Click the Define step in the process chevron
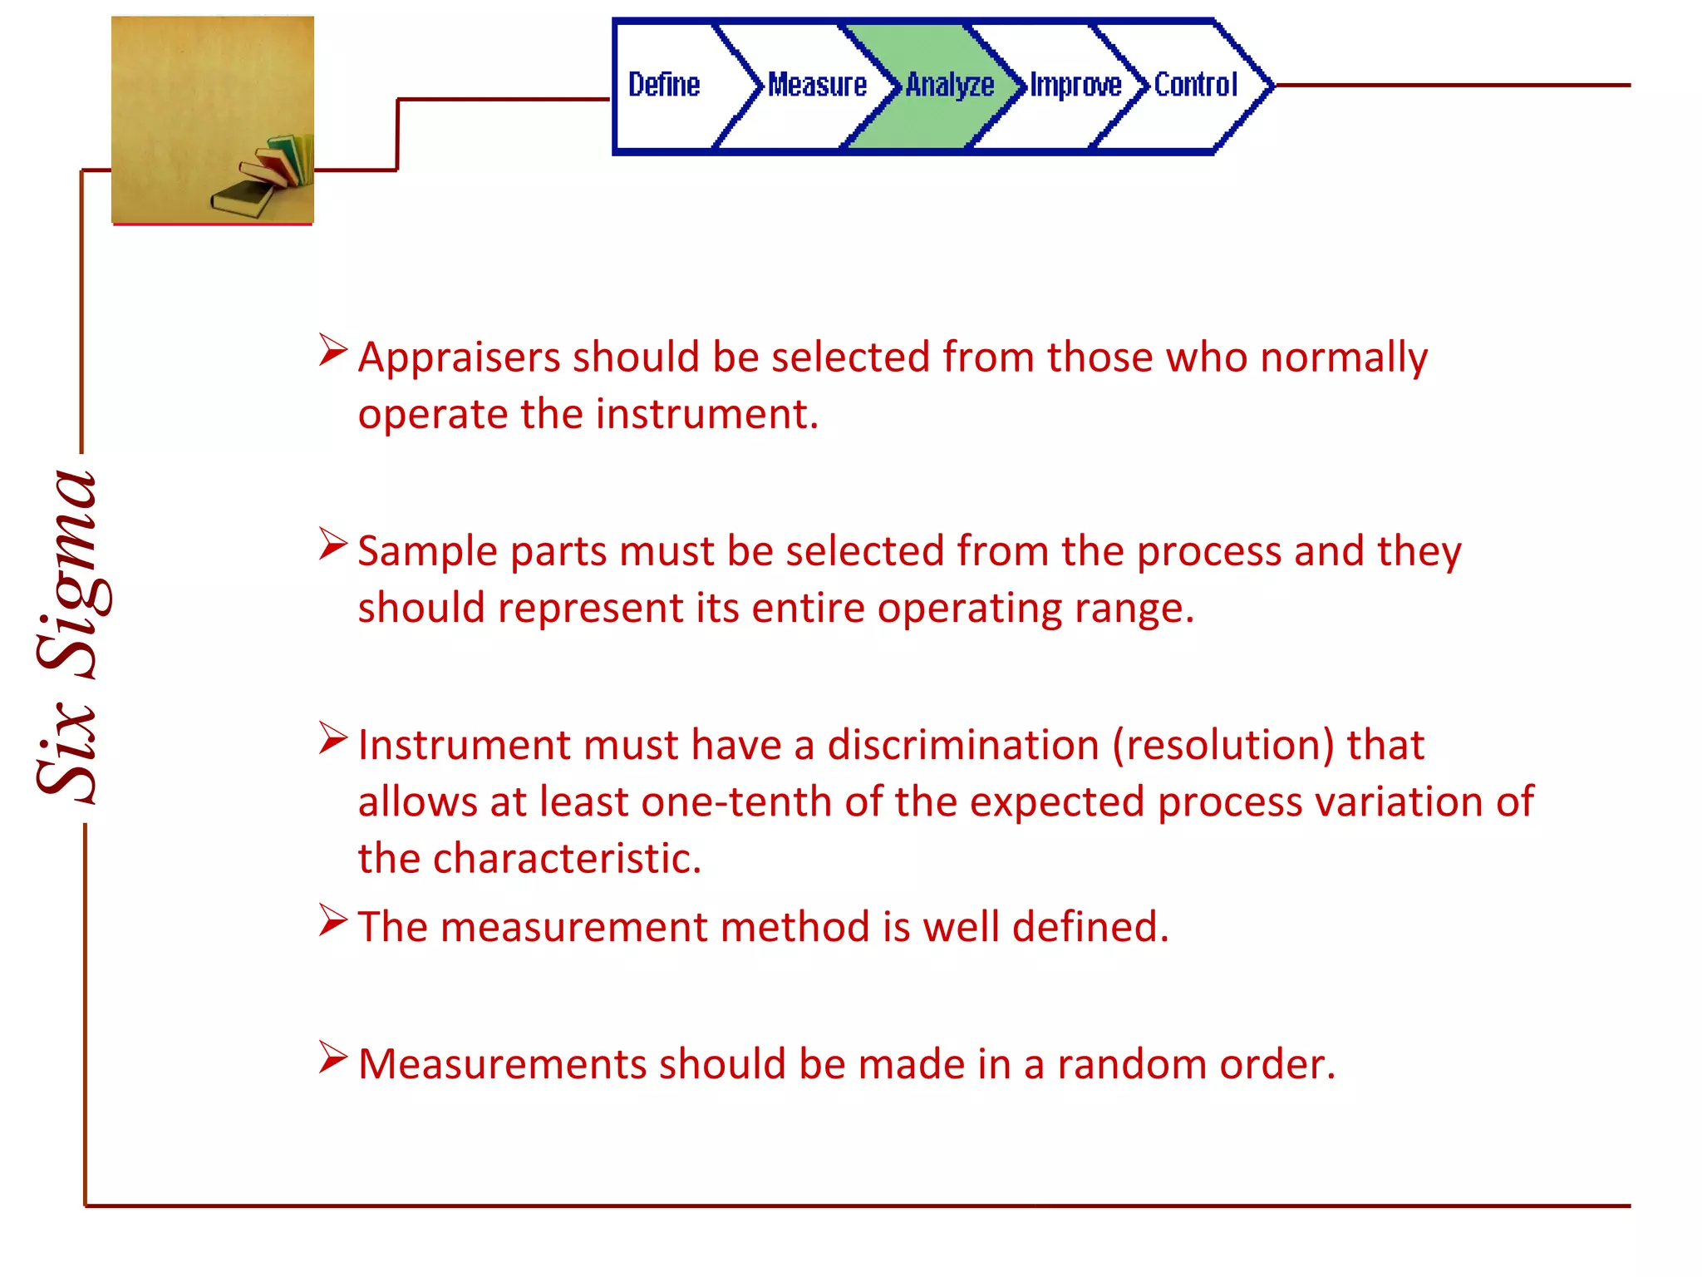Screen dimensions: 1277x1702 (664, 85)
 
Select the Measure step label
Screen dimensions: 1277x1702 (817, 85)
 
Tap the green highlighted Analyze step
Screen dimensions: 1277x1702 (949, 85)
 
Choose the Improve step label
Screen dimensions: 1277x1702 (1075, 85)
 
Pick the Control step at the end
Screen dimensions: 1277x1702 (1196, 85)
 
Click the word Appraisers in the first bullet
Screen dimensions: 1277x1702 (459, 357)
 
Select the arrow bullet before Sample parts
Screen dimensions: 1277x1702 (332, 545)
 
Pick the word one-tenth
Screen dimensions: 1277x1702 (736, 802)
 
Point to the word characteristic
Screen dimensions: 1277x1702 (567, 859)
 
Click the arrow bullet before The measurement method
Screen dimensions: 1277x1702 (332, 921)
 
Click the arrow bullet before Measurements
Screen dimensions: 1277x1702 (332, 1058)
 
